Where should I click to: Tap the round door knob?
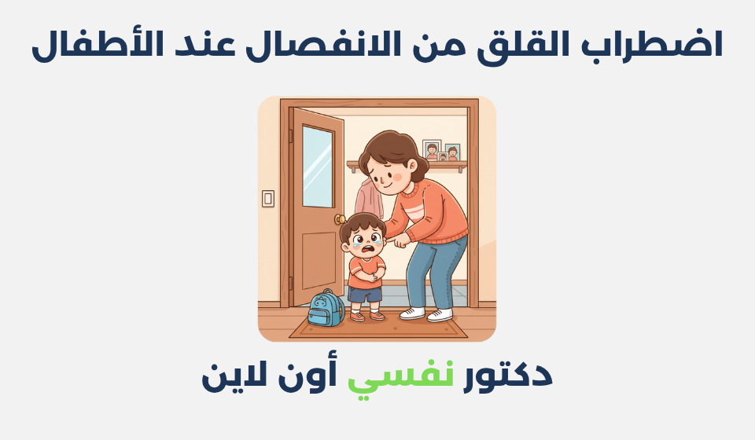point(340,219)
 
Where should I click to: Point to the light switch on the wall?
point(268,198)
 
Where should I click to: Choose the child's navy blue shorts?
point(365,294)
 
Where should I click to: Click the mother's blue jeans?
point(435,271)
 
